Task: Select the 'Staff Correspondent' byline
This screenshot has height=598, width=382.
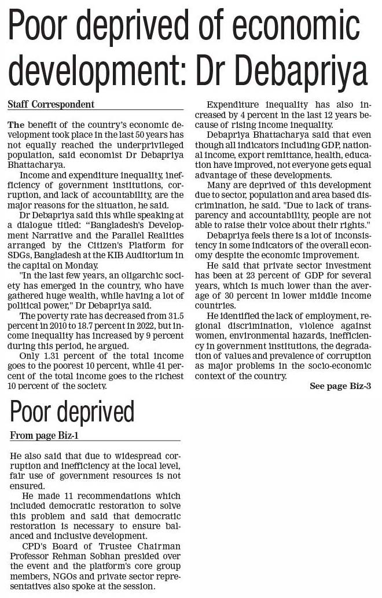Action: coord(51,105)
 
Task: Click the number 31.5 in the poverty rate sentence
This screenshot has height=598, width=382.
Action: coord(174,315)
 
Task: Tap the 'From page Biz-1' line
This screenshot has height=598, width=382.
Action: coord(45,435)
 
